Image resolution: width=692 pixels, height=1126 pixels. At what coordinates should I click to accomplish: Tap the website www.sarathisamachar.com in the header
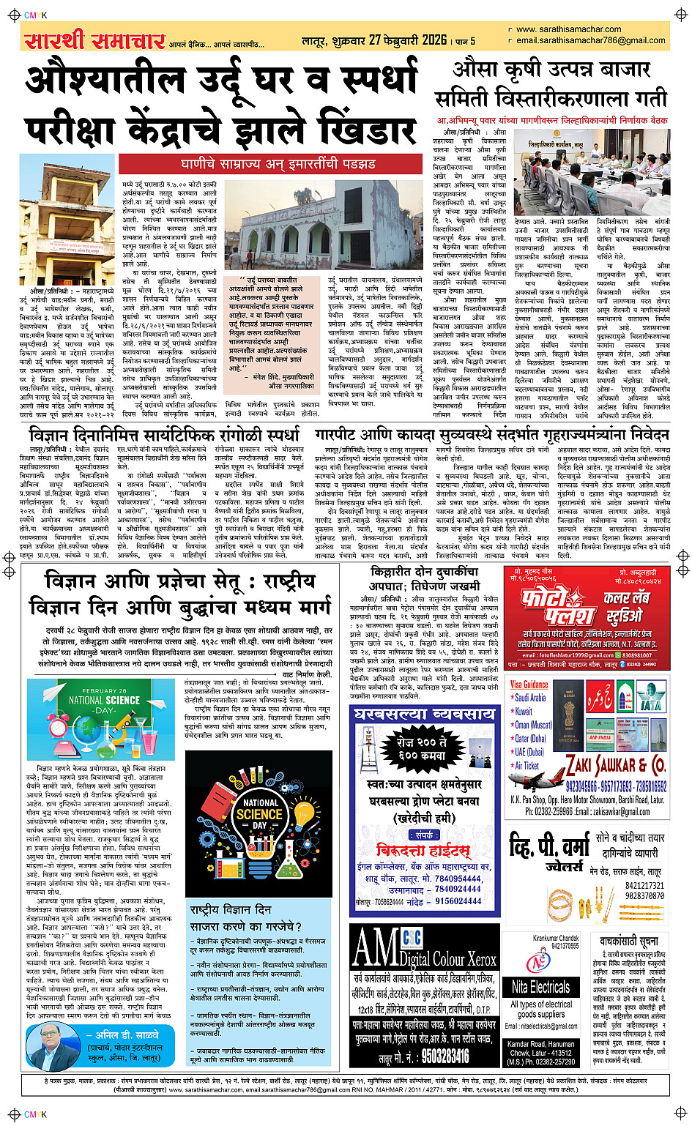(x=568, y=30)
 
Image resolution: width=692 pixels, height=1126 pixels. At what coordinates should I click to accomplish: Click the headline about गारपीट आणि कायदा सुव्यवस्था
(x=492, y=434)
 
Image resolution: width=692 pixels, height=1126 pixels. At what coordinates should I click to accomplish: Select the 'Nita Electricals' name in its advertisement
(x=540, y=985)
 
